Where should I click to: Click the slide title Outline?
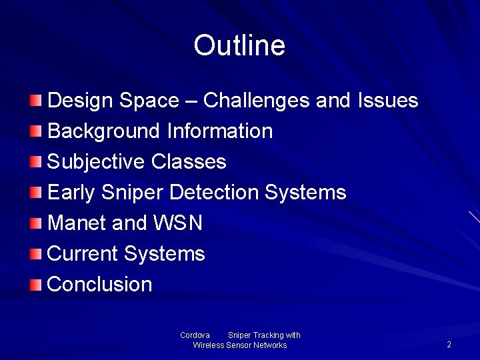[239, 46]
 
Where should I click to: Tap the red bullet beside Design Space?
[36, 101]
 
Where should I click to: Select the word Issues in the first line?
[388, 101]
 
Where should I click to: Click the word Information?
[220, 131]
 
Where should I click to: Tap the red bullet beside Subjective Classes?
[36, 162]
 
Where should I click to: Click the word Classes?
[189, 162]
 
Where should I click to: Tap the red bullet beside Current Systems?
[36, 254]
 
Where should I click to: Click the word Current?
[83, 254]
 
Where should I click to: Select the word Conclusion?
[100, 285]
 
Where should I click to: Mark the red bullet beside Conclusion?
[36, 285]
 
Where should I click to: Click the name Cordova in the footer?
[195, 335]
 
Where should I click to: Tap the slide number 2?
[449, 345]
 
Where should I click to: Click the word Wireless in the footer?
[209, 345]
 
